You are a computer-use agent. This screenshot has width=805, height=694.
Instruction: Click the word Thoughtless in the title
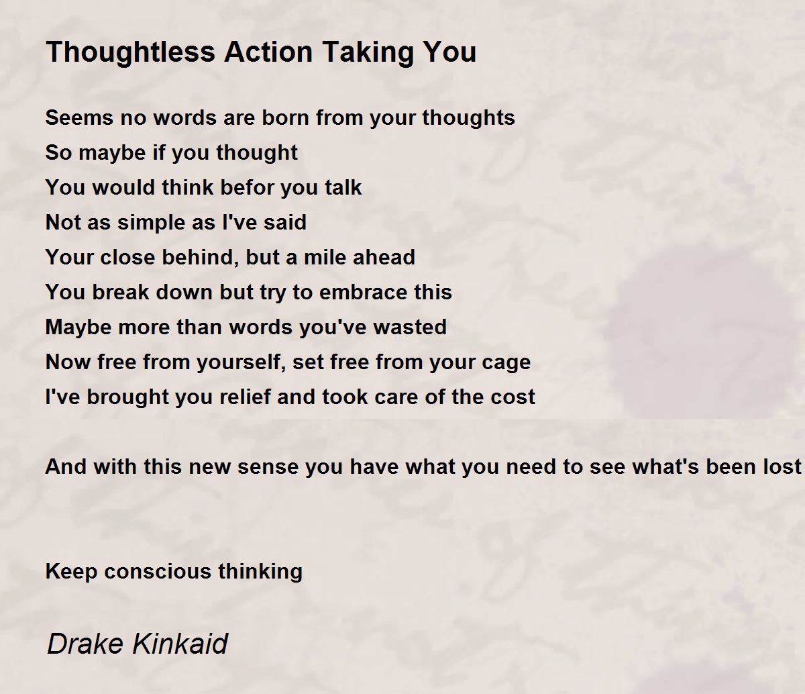point(130,52)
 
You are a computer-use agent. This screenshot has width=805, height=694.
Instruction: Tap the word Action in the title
point(268,52)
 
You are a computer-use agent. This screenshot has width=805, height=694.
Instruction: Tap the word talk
point(343,187)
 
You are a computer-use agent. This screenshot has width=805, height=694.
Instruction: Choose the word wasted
point(410,328)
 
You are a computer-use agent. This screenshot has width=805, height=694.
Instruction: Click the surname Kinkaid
point(180,644)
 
